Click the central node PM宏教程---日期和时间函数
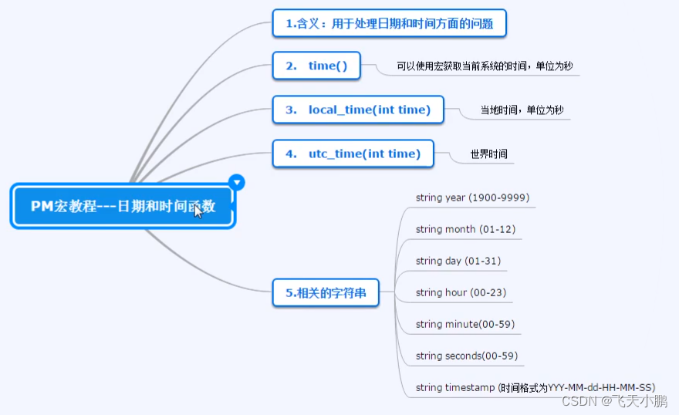click(122, 206)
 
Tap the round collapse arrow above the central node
click(238, 183)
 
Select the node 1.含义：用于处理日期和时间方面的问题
click(390, 23)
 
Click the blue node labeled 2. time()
click(316, 66)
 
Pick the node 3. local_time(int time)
click(358, 110)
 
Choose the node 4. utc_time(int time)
click(353, 154)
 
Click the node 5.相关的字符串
click(326, 292)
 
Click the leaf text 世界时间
click(489, 154)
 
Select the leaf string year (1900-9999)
click(472, 197)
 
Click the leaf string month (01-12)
click(465, 229)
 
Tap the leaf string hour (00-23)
click(461, 292)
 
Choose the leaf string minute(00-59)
click(465, 324)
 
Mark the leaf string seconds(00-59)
click(467, 356)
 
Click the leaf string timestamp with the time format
click(535, 387)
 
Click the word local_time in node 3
click(340, 110)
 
